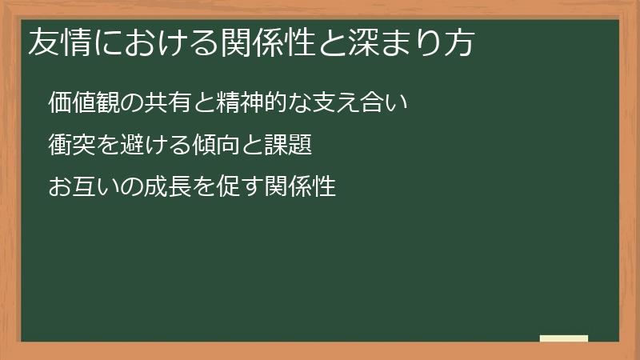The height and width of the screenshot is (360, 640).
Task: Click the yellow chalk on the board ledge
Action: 564,338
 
